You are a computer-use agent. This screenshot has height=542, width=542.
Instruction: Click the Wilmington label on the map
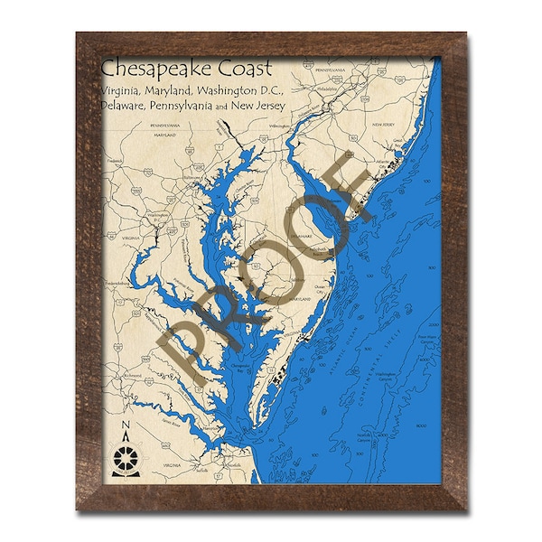[x=277, y=126]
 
